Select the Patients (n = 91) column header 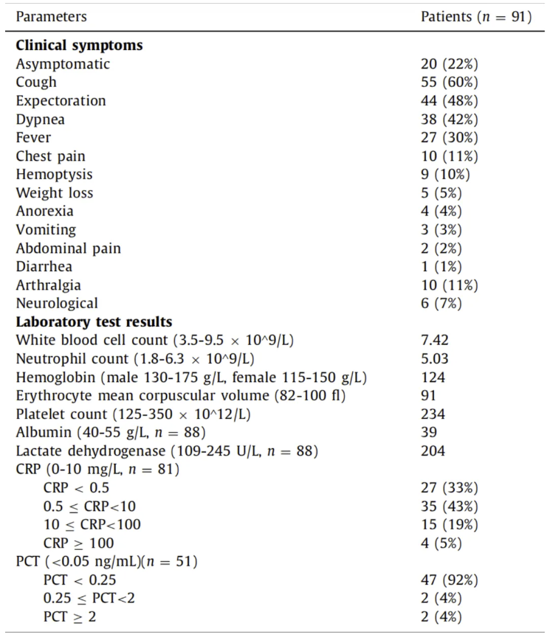[x=475, y=16]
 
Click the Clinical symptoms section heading [x=79, y=46]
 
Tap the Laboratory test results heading [x=94, y=322]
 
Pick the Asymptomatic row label [x=63, y=64]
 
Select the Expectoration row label [x=61, y=101]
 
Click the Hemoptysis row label [x=54, y=175]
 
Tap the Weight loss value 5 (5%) [x=441, y=193]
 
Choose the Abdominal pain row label [x=68, y=248]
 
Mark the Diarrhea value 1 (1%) [x=441, y=267]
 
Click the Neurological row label [x=57, y=304]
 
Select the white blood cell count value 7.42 [x=435, y=341]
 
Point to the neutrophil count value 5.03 [x=435, y=359]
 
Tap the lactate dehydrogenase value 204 [x=433, y=451]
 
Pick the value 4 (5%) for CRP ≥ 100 [x=441, y=543]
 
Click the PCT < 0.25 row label [x=80, y=580]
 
